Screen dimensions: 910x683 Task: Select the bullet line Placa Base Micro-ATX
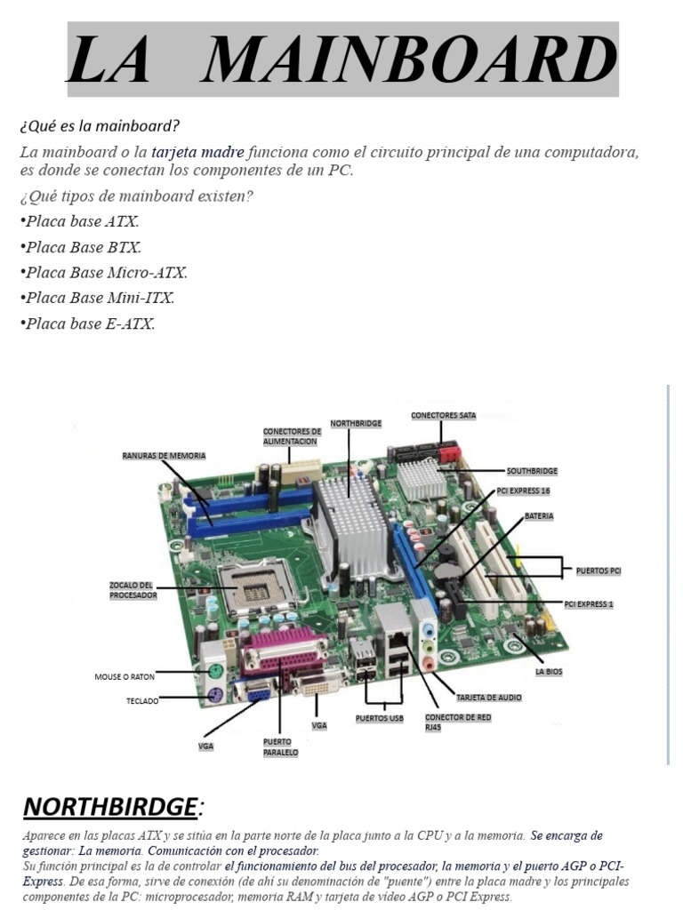click(x=103, y=273)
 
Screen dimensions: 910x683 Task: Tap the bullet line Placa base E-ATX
click(x=87, y=323)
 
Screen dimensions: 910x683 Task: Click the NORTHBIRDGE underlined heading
click(x=108, y=807)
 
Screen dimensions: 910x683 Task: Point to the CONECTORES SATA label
click(x=443, y=415)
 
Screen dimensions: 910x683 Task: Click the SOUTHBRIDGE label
click(x=532, y=470)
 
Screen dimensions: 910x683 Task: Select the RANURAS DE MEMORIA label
click(x=164, y=455)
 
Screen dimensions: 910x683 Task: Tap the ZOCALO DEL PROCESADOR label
click(x=133, y=590)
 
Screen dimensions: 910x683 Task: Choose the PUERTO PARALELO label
click(x=280, y=746)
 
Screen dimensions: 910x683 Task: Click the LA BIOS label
click(x=549, y=673)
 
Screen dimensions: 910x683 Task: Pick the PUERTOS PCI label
click(x=598, y=571)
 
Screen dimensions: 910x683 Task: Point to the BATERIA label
click(x=539, y=515)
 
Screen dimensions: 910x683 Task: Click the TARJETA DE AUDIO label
click(x=488, y=698)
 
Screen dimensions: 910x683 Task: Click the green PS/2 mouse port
click(x=213, y=672)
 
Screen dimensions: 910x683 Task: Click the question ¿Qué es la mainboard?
click(x=100, y=125)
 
